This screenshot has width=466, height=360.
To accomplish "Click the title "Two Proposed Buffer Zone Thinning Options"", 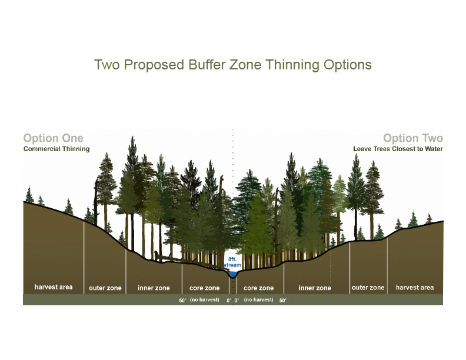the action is [232, 65].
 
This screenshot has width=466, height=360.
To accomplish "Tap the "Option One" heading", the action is [53, 138].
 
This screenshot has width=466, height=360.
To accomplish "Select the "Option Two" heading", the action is [413, 138].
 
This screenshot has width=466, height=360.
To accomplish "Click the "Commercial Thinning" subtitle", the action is [56, 149].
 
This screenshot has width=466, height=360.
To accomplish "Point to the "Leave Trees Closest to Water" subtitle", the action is [398, 149].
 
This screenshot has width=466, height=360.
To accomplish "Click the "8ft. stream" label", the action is [232, 262].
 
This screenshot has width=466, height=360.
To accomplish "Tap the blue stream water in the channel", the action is [232, 274].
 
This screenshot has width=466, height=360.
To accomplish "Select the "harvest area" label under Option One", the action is [54, 287].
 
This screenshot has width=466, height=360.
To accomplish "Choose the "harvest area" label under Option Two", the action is [415, 287].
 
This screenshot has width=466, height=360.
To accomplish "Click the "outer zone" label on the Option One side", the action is [105, 288].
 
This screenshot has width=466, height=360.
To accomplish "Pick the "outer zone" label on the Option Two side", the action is [368, 287].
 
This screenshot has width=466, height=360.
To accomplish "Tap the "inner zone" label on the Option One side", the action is [154, 288].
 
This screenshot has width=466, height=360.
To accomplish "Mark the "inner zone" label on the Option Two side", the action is [315, 288].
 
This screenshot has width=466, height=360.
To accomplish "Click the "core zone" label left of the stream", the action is [205, 288].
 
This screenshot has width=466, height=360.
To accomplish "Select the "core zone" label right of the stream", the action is [258, 288].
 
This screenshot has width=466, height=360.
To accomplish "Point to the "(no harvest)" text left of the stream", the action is [205, 299].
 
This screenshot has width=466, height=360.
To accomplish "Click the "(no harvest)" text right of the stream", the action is [258, 299].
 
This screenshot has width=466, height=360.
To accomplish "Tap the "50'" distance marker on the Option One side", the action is [182, 301].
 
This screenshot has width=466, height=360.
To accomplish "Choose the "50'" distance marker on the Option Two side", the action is [282, 301].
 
